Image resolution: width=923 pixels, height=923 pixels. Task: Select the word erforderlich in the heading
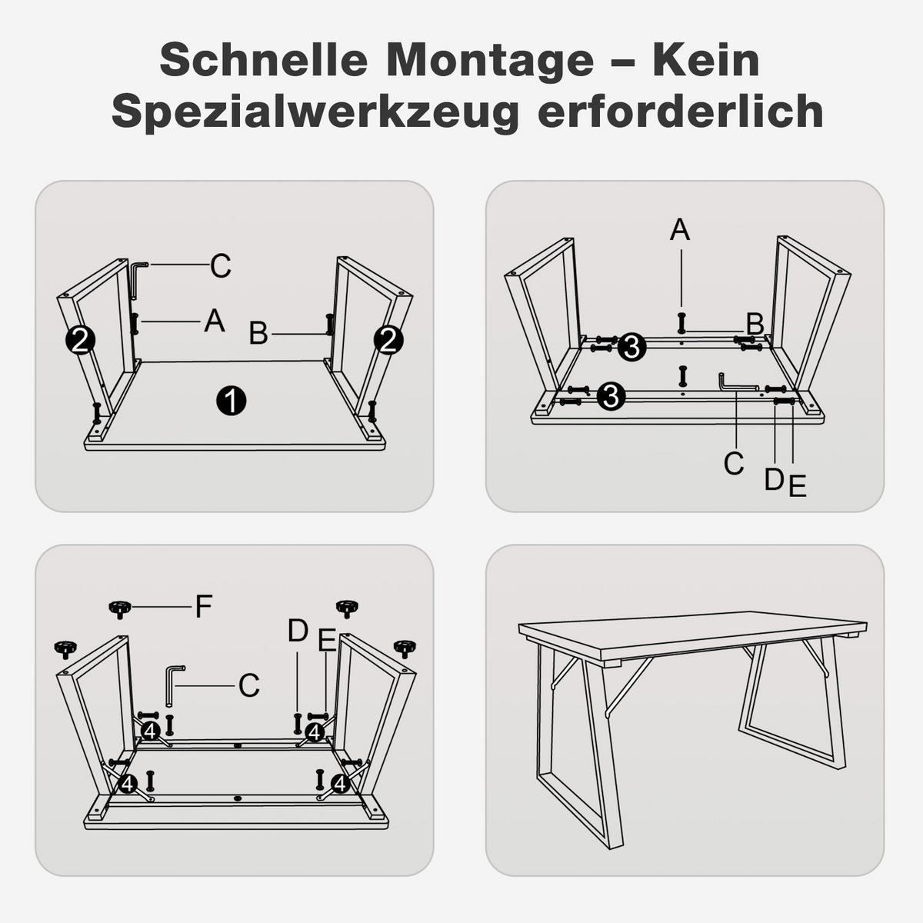(x=681, y=111)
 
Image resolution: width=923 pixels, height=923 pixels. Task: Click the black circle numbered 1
(x=232, y=401)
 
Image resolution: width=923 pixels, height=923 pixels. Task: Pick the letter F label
(x=204, y=606)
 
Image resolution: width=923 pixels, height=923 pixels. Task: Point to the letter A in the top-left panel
(x=214, y=321)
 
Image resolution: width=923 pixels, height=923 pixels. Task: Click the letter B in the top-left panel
(x=258, y=333)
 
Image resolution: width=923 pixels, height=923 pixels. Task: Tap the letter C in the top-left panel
(x=221, y=265)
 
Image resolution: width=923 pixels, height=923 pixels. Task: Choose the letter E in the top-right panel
(x=798, y=485)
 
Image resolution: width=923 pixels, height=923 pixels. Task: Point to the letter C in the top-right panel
(x=734, y=463)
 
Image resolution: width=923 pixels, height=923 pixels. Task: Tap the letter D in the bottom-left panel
(x=298, y=631)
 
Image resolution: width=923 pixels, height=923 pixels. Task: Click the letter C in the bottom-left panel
(x=249, y=685)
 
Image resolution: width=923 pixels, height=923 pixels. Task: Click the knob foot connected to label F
(x=120, y=609)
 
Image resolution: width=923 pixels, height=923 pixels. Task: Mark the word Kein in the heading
(x=706, y=60)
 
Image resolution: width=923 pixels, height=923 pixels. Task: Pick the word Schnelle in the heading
(x=264, y=60)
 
